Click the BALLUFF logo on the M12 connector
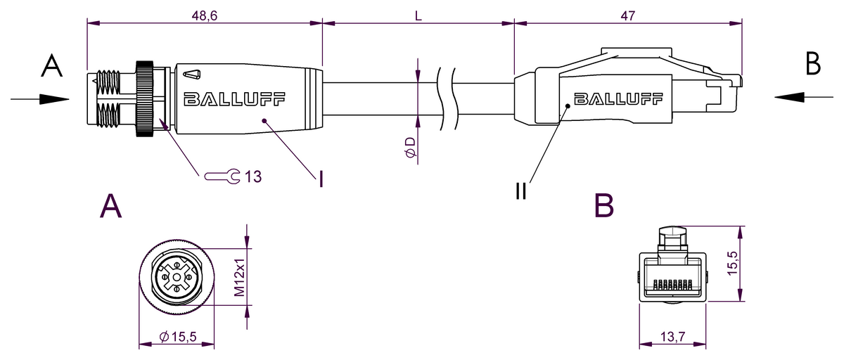click(234, 99)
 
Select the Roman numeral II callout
click(520, 191)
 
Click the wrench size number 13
click(253, 176)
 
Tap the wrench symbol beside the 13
click(223, 176)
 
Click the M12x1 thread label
click(239, 277)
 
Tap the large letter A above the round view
click(111, 206)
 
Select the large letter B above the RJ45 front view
click(603, 206)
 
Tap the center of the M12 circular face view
click(176, 278)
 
